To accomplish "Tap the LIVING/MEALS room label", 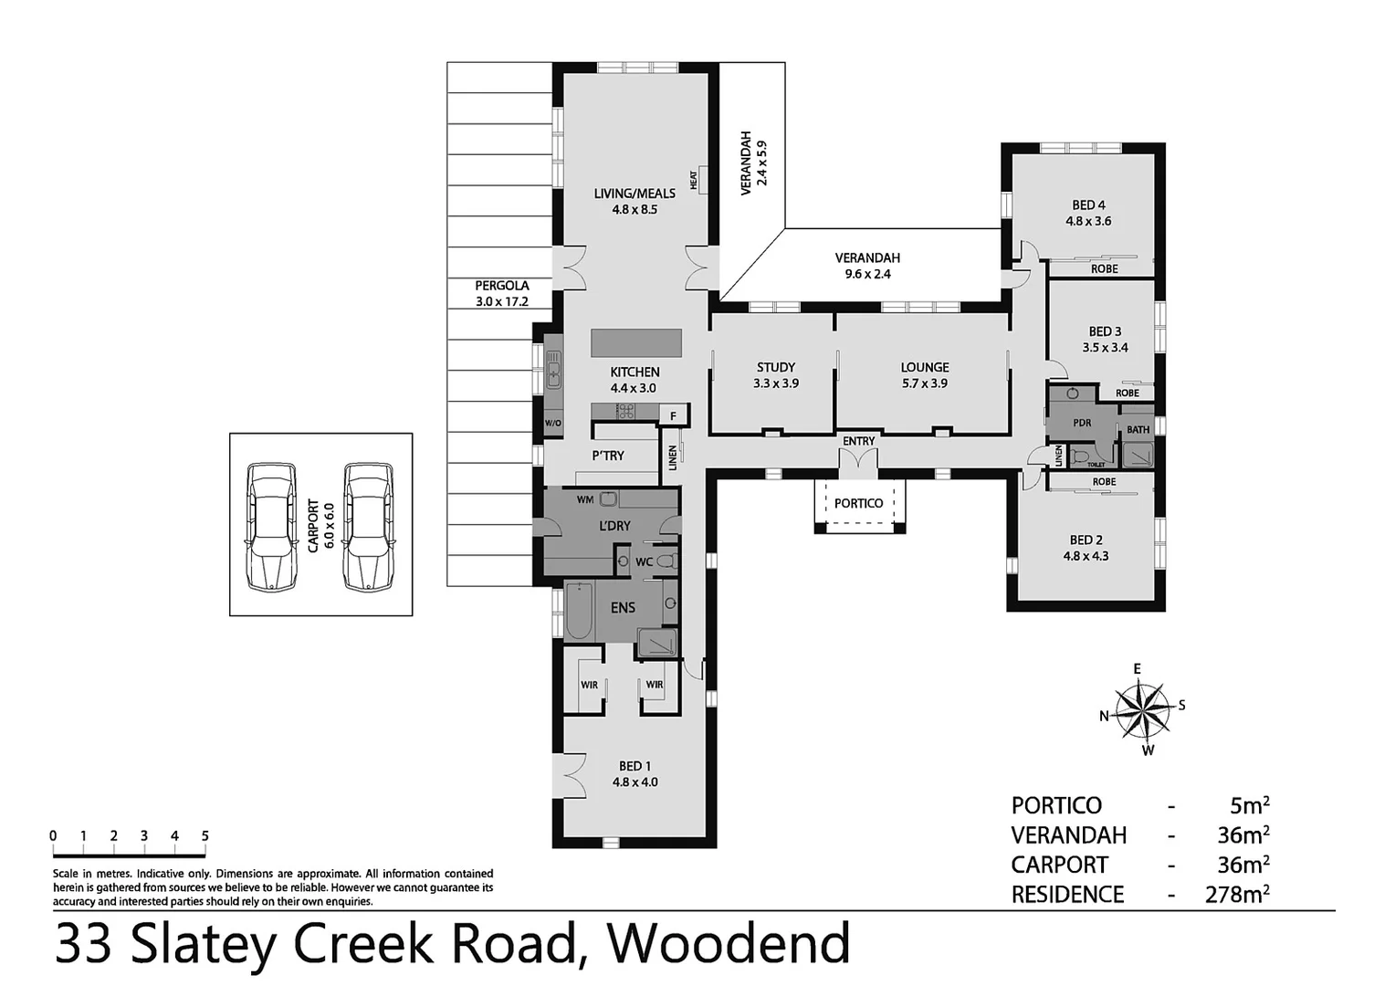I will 635,193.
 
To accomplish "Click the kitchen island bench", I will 636,342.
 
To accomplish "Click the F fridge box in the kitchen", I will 673,416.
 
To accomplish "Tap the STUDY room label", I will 775,367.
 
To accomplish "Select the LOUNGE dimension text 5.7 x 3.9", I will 924,383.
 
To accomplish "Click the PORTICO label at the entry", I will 858,503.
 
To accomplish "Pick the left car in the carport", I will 271,526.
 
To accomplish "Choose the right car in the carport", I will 369,526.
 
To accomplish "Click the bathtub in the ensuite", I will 579,611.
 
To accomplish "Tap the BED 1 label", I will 635,766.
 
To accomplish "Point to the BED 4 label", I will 1088,205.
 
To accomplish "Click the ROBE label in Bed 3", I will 1127,393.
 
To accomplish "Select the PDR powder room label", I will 1082,423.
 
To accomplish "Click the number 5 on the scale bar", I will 205,835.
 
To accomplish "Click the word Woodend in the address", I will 729,944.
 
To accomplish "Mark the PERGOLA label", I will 501,286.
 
